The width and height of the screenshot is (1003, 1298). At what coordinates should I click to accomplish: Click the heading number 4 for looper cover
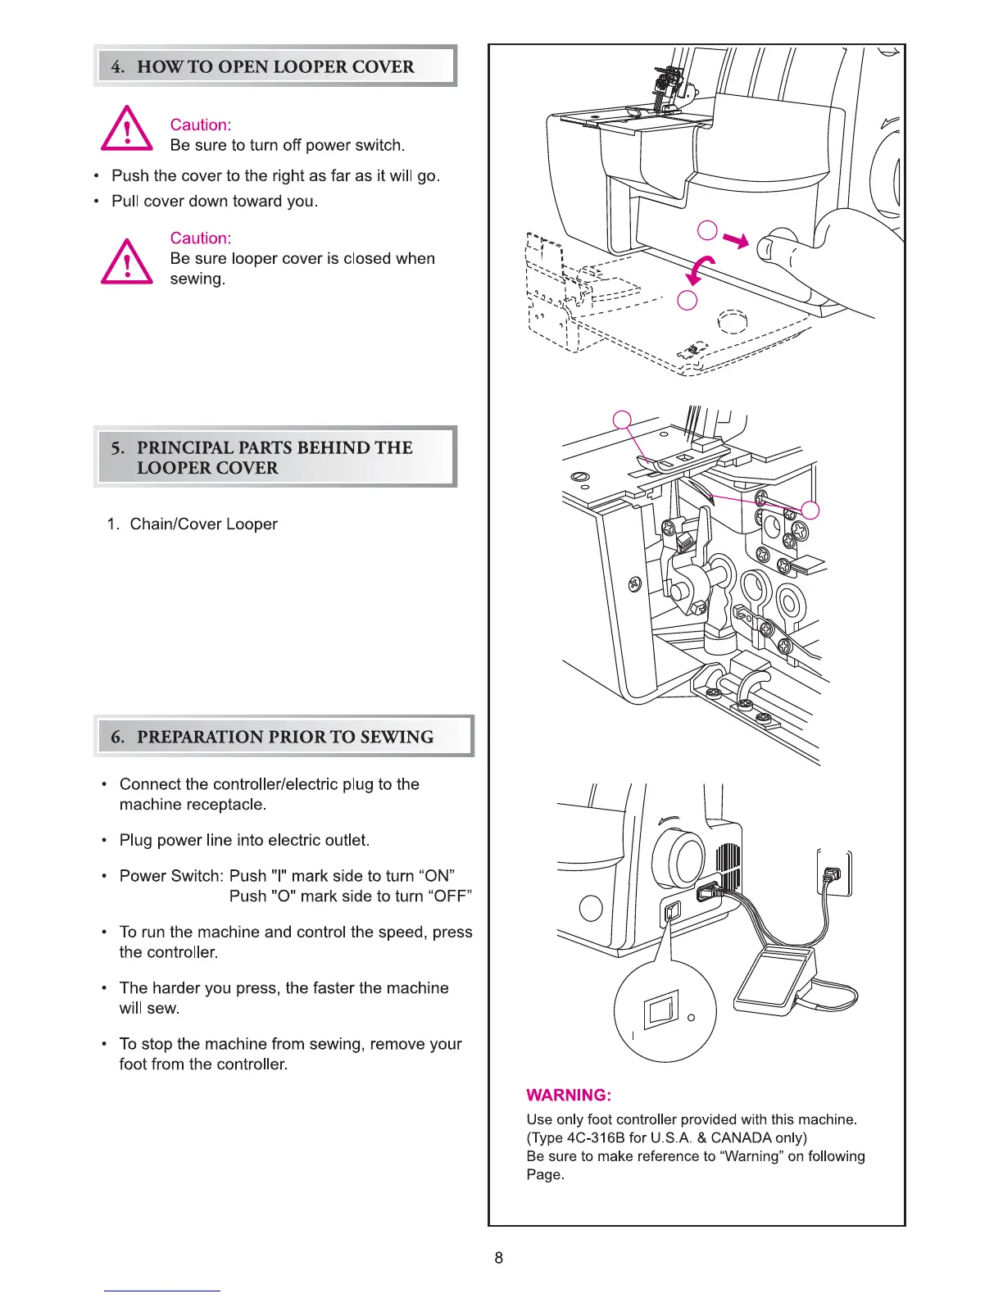tap(118, 67)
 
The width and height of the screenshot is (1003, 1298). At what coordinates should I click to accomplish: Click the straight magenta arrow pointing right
tap(735, 240)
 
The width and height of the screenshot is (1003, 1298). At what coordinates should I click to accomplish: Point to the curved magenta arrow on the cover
tap(702, 269)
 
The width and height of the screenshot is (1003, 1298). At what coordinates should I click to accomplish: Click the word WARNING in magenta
tap(568, 1096)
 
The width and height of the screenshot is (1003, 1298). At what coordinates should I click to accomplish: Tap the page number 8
tap(499, 1258)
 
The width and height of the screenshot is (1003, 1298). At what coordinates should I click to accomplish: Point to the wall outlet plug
tap(833, 875)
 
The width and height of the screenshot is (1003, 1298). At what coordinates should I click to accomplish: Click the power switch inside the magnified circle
tap(660, 1011)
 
